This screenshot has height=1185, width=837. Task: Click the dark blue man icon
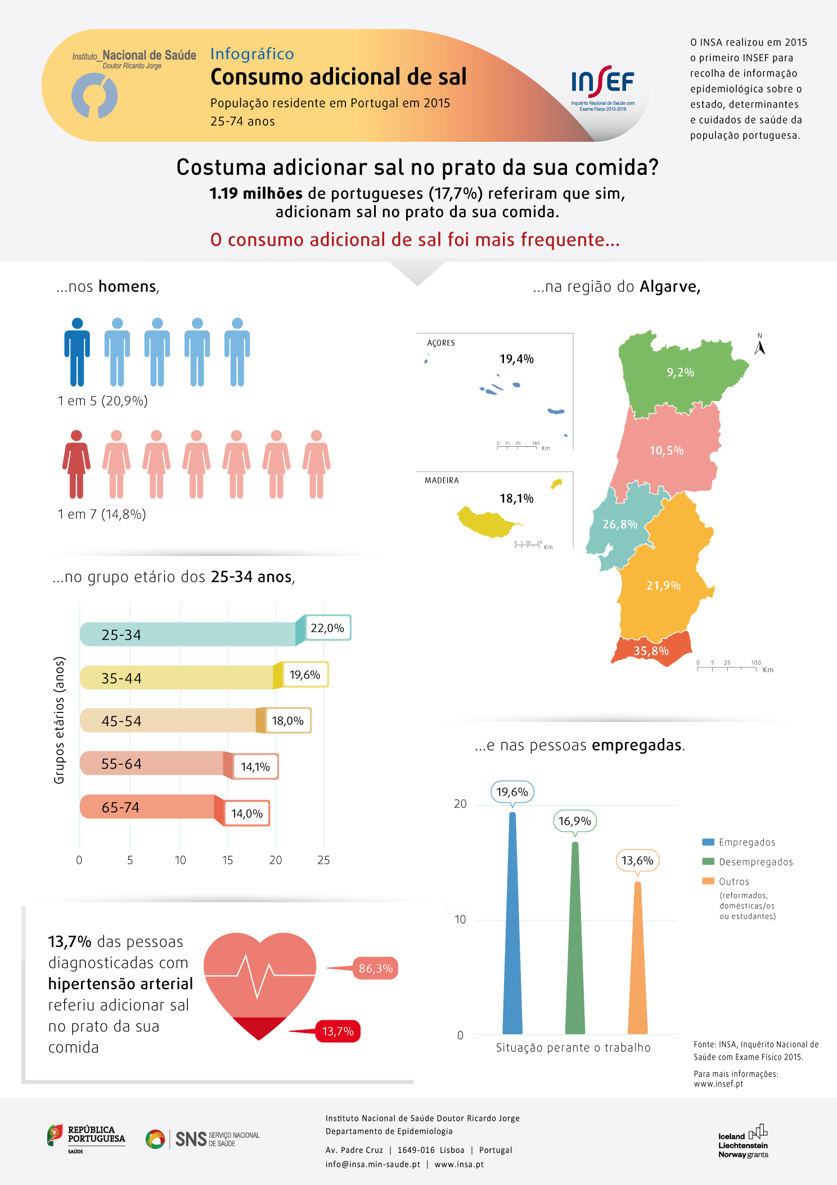click(77, 352)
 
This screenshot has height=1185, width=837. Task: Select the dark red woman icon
click(76, 464)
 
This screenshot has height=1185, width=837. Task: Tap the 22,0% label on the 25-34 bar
click(327, 628)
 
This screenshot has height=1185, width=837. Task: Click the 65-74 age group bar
click(149, 807)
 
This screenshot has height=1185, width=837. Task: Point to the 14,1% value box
click(255, 767)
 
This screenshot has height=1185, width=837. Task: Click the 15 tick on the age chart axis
click(227, 860)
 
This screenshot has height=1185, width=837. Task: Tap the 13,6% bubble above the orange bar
click(637, 860)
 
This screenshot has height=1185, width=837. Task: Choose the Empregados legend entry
click(739, 842)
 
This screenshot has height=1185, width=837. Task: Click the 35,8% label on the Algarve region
click(651, 651)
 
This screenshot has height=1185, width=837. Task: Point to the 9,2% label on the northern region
click(681, 372)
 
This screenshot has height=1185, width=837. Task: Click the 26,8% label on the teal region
click(620, 524)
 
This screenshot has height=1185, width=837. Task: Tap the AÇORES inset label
click(441, 343)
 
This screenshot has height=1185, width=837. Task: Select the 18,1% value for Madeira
click(516, 499)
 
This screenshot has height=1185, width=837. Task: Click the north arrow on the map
click(759, 345)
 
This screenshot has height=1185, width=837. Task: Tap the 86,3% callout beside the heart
click(375, 968)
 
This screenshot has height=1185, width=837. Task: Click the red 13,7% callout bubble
click(337, 1031)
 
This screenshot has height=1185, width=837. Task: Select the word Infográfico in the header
click(252, 54)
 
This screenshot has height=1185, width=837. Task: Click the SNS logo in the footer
click(202, 1139)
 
